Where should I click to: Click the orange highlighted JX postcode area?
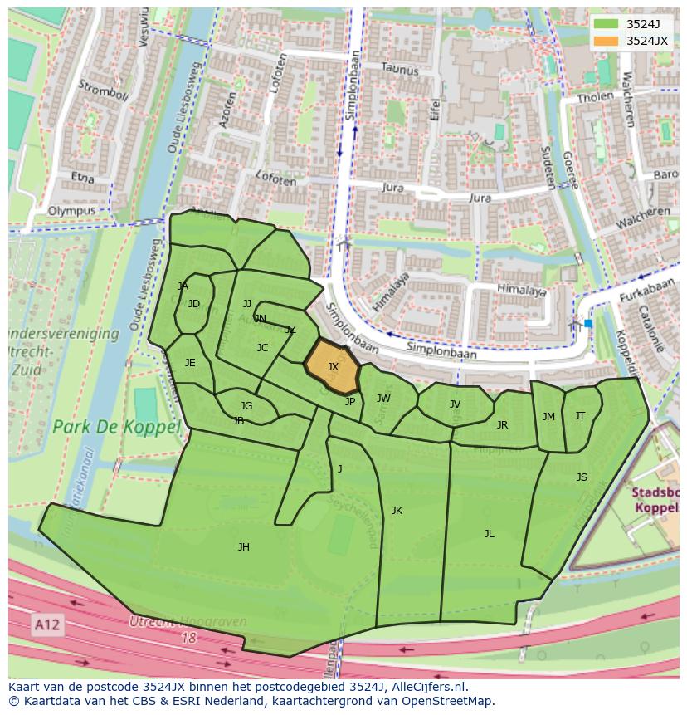[x=332, y=366]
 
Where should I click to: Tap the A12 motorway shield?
[x=48, y=624]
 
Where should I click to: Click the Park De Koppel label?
[x=116, y=427]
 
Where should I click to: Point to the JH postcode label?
[x=243, y=546]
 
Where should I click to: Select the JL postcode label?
[x=489, y=534]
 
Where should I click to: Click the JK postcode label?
[x=397, y=511]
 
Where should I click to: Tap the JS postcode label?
[x=582, y=477]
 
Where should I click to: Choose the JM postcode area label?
[x=548, y=417]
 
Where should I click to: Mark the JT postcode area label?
[x=580, y=416]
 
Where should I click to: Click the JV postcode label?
[x=455, y=404]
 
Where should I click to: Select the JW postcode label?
[x=383, y=399]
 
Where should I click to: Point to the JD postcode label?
[x=194, y=304]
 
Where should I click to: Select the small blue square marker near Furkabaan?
[x=588, y=323]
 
